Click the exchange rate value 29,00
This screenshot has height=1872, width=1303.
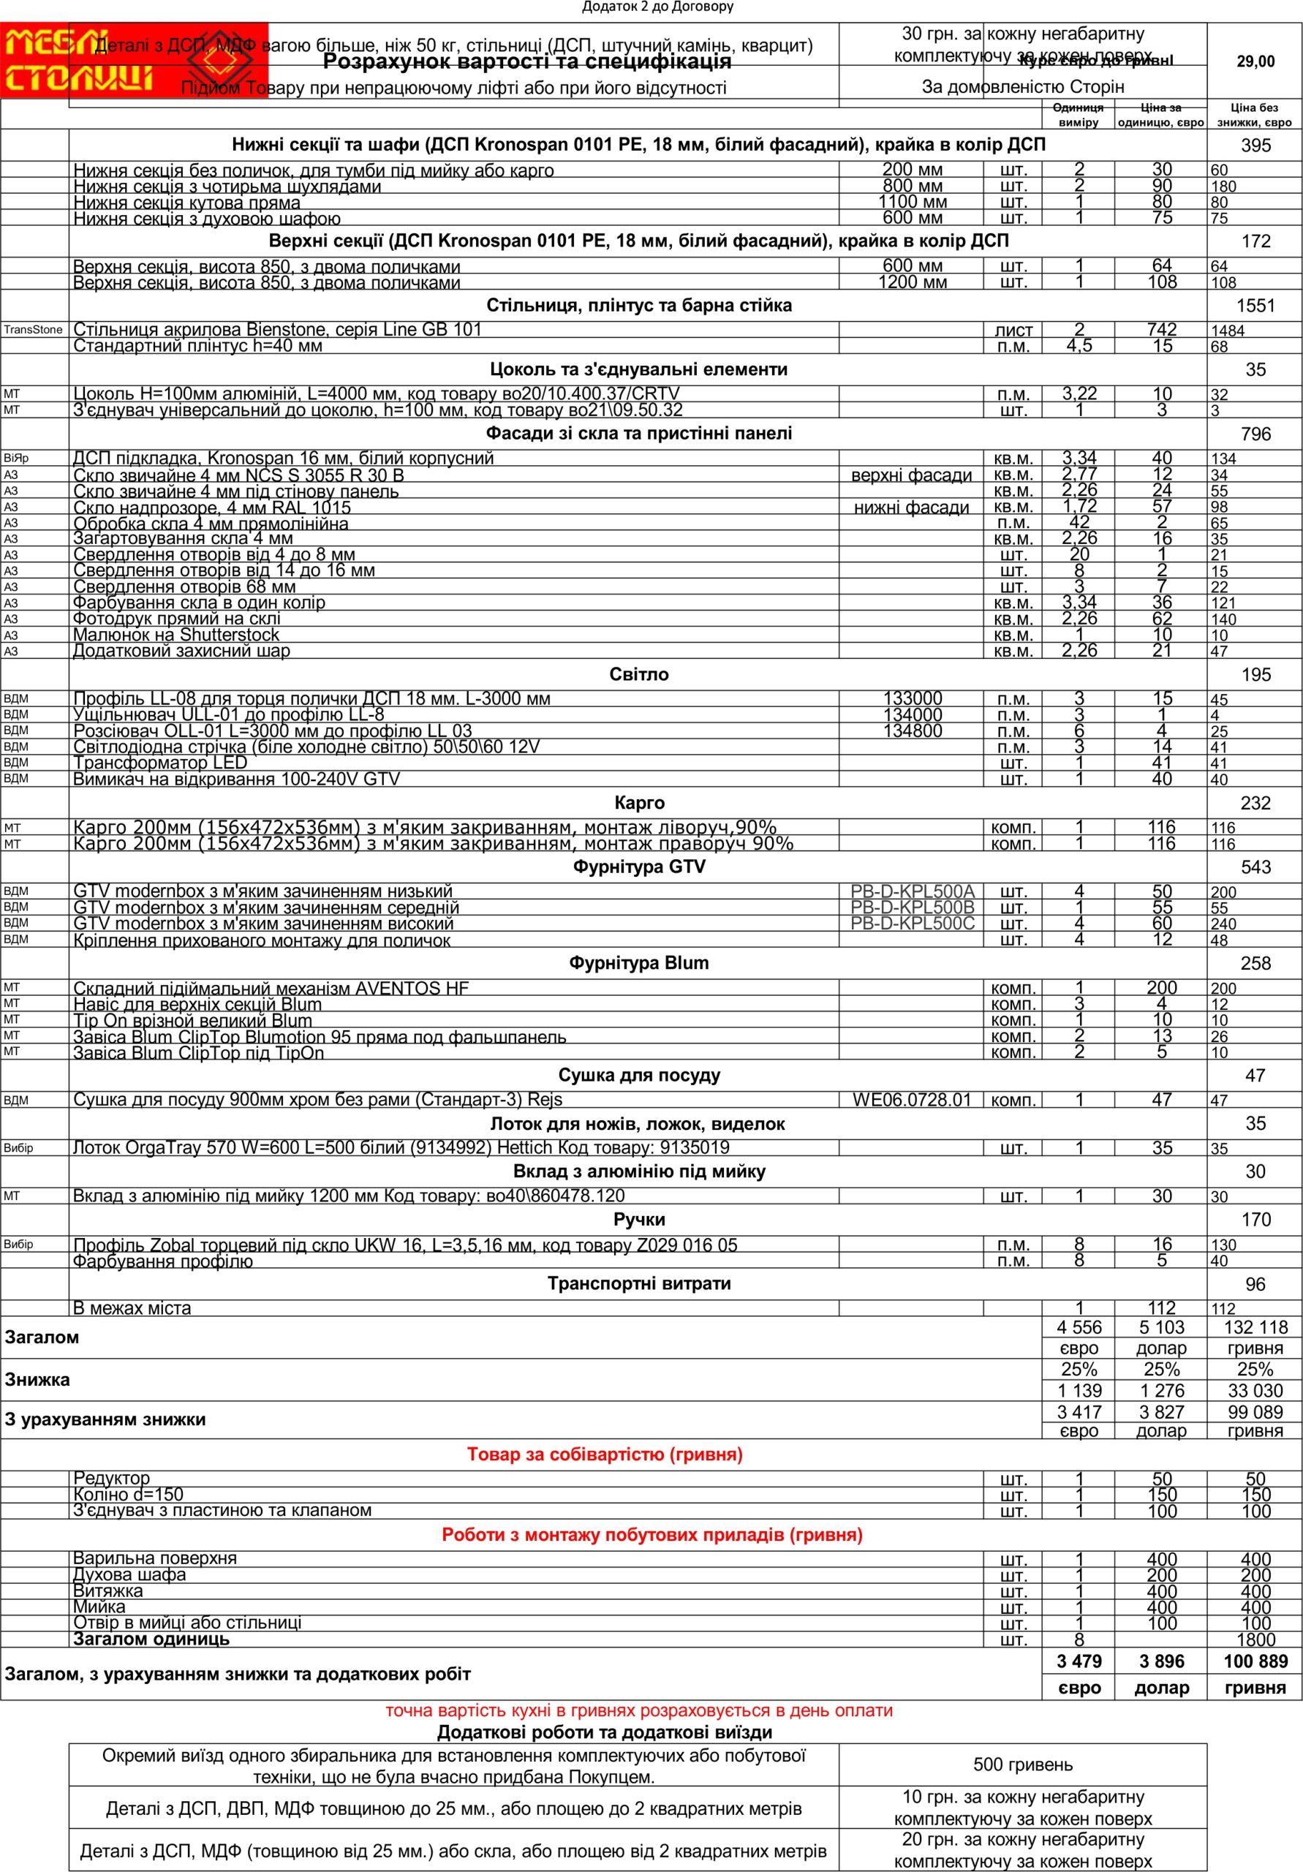pos(1255,61)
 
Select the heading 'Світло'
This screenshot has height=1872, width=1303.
pos(638,674)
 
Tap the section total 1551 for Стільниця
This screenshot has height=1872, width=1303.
pos(1255,306)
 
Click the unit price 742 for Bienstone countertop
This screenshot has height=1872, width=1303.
pos(1161,329)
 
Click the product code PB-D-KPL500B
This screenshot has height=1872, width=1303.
pos(912,907)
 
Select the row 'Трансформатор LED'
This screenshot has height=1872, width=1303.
pos(160,763)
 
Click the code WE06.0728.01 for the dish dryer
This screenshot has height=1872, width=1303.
pos(912,1100)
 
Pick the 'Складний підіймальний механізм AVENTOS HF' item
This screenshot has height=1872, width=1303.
pos(271,988)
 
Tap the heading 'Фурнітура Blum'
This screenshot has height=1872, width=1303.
pos(638,963)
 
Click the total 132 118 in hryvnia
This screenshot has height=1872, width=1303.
pos(1255,1327)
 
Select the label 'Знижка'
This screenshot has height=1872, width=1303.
pos(37,1380)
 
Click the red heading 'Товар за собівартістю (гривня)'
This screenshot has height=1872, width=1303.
pos(604,1454)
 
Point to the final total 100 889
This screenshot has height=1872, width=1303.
pos(1255,1661)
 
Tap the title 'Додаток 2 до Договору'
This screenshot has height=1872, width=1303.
pos(657,7)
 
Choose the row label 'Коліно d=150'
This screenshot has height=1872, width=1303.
pos(128,1495)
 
